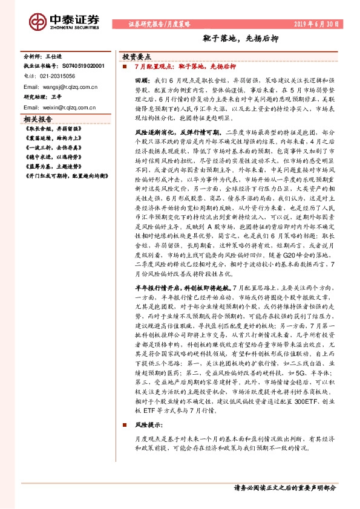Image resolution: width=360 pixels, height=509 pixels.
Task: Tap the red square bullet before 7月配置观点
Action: click(x=124, y=66)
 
